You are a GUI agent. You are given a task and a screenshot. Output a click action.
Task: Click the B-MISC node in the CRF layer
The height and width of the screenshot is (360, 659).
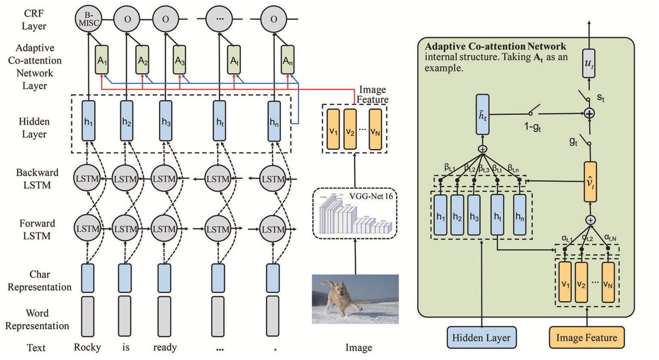coord(88,19)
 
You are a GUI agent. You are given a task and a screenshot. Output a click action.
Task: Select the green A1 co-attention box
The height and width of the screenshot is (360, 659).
coord(102,60)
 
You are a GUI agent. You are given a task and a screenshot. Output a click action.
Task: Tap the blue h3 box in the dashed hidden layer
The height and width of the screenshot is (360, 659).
coord(166,121)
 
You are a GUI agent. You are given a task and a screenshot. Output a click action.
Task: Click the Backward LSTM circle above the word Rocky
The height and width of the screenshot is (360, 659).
coord(87,178)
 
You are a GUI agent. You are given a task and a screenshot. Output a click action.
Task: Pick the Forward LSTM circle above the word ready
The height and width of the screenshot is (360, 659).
coord(164,229)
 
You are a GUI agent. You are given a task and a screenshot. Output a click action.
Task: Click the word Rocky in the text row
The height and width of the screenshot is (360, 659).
coord(87,347)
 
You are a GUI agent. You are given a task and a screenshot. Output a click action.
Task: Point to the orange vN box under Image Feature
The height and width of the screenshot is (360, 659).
coord(375,130)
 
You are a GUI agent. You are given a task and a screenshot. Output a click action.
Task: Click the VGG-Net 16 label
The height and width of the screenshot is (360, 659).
coord(371,197)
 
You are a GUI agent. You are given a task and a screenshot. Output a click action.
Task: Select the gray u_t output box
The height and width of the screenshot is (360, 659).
coord(589,63)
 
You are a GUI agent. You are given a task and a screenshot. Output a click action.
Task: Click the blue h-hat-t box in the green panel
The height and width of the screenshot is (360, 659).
coord(483,115)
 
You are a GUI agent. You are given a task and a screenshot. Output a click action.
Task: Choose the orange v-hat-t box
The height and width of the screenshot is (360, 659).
coord(590,182)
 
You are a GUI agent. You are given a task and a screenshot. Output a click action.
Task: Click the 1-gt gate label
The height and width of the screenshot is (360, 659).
coord(532,127)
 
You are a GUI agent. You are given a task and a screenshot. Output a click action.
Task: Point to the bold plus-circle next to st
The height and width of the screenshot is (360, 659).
coord(589,114)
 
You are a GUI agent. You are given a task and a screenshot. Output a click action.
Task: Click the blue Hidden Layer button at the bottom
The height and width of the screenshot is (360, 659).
coord(481,338)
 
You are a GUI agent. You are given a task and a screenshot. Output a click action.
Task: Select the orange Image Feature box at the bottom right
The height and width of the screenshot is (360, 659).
coord(586,338)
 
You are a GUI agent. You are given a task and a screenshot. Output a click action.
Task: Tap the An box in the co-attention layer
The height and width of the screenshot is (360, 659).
coord(287,60)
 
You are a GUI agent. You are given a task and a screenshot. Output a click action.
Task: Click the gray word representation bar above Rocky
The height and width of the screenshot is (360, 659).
coord(88,316)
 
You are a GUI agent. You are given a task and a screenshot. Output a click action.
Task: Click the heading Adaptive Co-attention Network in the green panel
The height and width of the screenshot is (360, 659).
coord(495,46)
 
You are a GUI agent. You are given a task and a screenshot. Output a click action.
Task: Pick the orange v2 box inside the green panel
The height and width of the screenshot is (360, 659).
coord(581,282)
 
